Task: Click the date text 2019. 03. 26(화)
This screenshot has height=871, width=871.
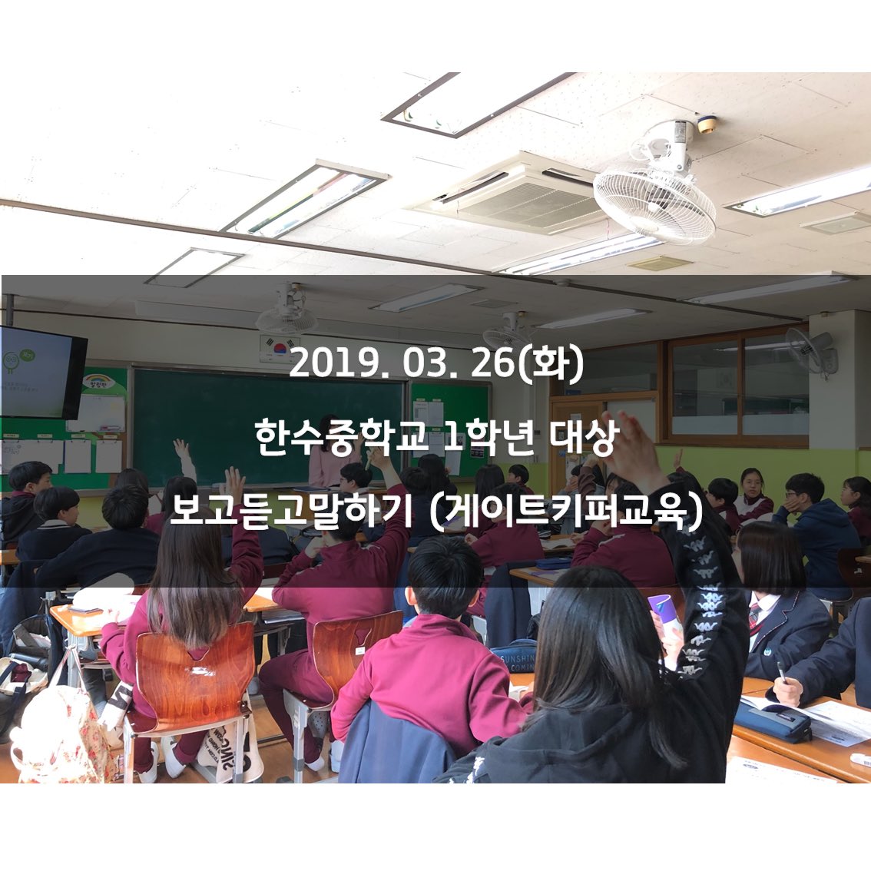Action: [x=435, y=365]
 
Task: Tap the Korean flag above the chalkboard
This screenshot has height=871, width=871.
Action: [x=274, y=347]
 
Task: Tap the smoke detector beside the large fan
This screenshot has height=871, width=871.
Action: [x=707, y=124]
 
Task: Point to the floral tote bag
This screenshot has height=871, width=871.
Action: [x=58, y=737]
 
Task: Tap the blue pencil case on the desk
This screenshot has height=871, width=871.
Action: [x=771, y=719]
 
